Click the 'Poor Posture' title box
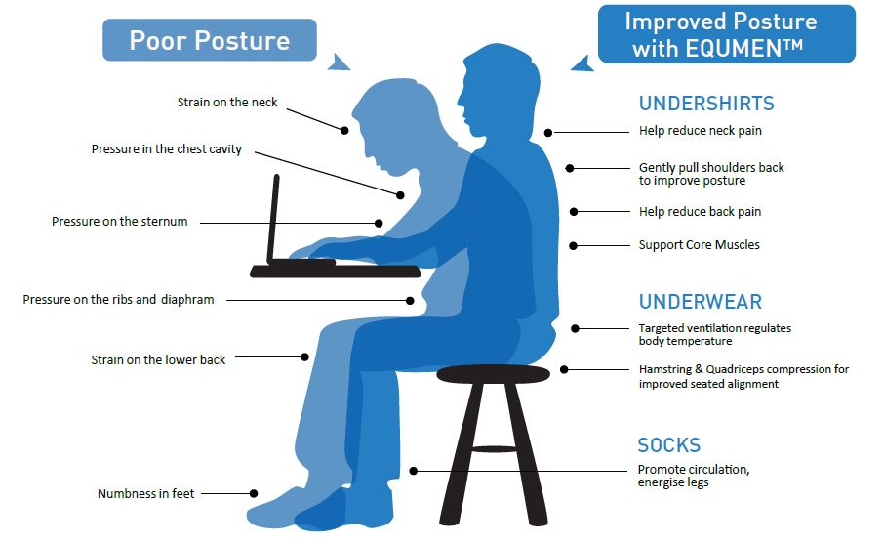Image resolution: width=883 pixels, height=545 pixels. tap(209, 41)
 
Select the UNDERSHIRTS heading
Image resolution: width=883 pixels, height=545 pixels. tap(706, 104)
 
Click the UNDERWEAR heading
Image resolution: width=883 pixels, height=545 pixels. tap(701, 302)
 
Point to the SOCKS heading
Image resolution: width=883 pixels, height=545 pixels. tap(669, 445)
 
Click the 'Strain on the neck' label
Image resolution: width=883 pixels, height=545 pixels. tap(227, 102)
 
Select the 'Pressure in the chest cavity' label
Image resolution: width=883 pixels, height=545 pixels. tap(167, 149)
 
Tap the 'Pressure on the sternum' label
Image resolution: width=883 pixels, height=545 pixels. tap(119, 222)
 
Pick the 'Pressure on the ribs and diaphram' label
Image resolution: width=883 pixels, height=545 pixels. tap(118, 300)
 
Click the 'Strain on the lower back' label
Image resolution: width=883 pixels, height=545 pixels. tap(158, 360)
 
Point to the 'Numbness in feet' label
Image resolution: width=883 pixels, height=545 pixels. tap(145, 494)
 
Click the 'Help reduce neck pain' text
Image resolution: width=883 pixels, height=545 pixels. tap(700, 131)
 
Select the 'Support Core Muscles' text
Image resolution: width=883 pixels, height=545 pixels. tap(699, 245)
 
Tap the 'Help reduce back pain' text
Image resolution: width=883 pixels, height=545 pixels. tap(700, 212)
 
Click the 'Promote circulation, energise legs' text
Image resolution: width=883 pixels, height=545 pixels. tap(694, 477)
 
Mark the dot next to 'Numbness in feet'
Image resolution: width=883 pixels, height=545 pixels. tap(255, 493)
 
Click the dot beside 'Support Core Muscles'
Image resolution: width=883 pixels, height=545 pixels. tap(574, 245)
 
